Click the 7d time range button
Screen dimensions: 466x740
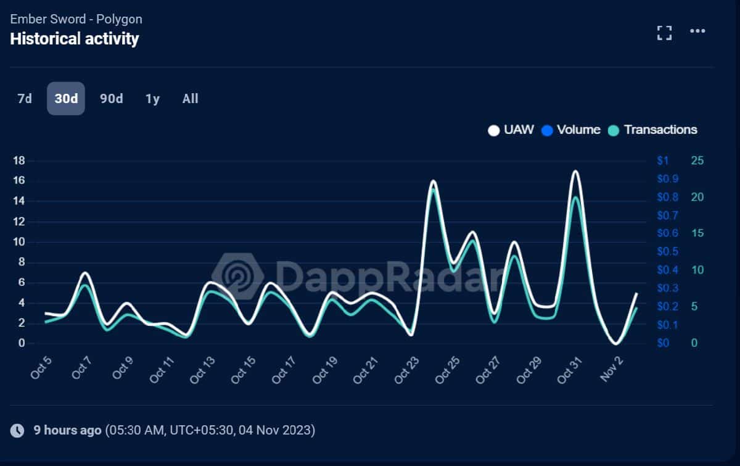(25, 99)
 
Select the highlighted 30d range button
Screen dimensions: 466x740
(66, 99)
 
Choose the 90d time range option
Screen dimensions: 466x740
(112, 99)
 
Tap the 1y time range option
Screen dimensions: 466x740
(152, 99)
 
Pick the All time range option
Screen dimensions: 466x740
(191, 99)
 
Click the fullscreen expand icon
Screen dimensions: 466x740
(664, 33)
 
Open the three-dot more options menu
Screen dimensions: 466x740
(697, 31)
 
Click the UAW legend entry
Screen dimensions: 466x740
(511, 130)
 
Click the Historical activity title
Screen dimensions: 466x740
(75, 39)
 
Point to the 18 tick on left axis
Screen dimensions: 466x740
(18, 160)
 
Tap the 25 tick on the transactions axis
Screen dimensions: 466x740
(697, 160)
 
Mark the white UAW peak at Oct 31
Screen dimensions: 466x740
(575, 171)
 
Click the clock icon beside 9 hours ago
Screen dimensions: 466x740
(18, 430)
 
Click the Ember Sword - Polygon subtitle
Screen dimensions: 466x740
(76, 19)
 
